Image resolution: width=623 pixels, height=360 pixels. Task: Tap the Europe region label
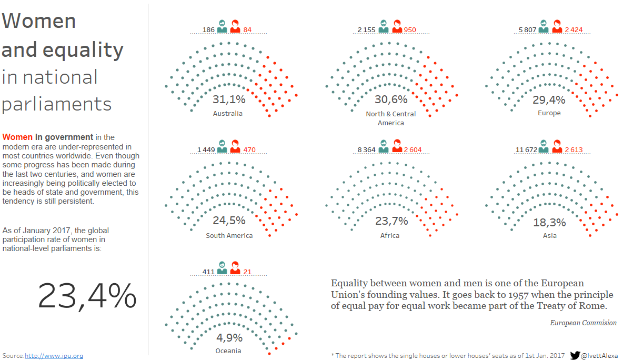pyautogui.click(x=549, y=113)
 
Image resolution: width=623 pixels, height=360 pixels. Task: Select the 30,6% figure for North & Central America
pyautogui.click(x=391, y=99)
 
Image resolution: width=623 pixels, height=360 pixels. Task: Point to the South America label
pyautogui.click(x=229, y=235)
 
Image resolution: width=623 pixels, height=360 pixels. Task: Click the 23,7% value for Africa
pyautogui.click(x=391, y=221)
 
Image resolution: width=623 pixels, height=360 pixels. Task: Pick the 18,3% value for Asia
pyautogui.click(x=549, y=222)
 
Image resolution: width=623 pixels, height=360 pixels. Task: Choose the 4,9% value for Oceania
pyautogui.click(x=229, y=337)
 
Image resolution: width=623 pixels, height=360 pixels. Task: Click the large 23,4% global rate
pyautogui.click(x=87, y=296)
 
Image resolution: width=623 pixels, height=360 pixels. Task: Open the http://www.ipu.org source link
pyautogui.click(x=54, y=356)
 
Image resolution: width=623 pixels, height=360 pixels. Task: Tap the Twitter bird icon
pyautogui.click(x=575, y=355)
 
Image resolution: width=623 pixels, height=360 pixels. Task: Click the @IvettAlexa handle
pyautogui.click(x=600, y=356)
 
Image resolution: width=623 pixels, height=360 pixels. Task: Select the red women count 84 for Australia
pyautogui.click(x=247, y=29)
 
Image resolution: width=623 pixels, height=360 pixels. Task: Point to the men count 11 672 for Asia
pyautogui.click(x=526, y=150)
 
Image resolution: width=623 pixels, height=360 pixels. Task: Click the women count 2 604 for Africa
pyautogui.click(x=413, y=150)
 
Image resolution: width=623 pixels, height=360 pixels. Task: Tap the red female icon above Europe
pyautogui.click(x=557, y=26)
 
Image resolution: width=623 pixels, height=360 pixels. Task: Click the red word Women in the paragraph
pyautogui.click(x=17, y=137)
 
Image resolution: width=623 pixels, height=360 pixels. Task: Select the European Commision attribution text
pyautogui.click(x=583, y=323)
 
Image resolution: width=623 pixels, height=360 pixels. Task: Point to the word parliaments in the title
pyautogui.click(x=57, y=104)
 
